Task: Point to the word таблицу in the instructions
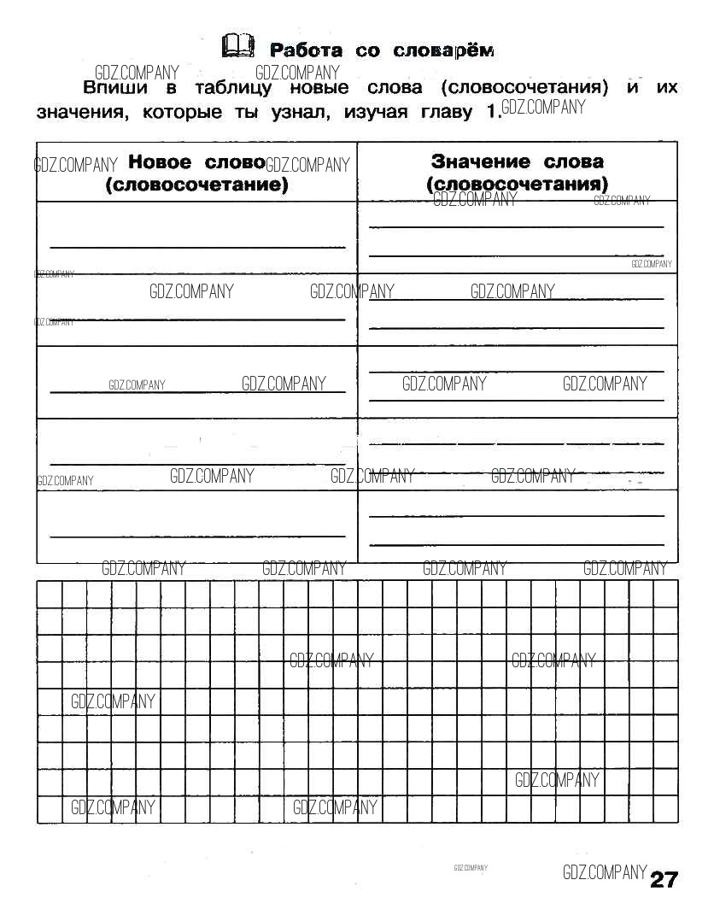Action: click(x=233, y=89)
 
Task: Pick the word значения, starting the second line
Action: click(x=81, y=113)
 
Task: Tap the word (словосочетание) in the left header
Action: click(x=196, y=185)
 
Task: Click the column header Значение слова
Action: click(x=517, y=161)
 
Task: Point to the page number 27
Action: click(x=664, y=880)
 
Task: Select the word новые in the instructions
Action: click(x=319, y=89)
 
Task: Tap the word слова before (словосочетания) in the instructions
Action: click(x=395, y=89)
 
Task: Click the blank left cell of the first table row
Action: click(x=196, y=237)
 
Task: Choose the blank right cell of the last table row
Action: click(x=517, y=526)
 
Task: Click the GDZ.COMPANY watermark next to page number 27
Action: click(x=605, y=872)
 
